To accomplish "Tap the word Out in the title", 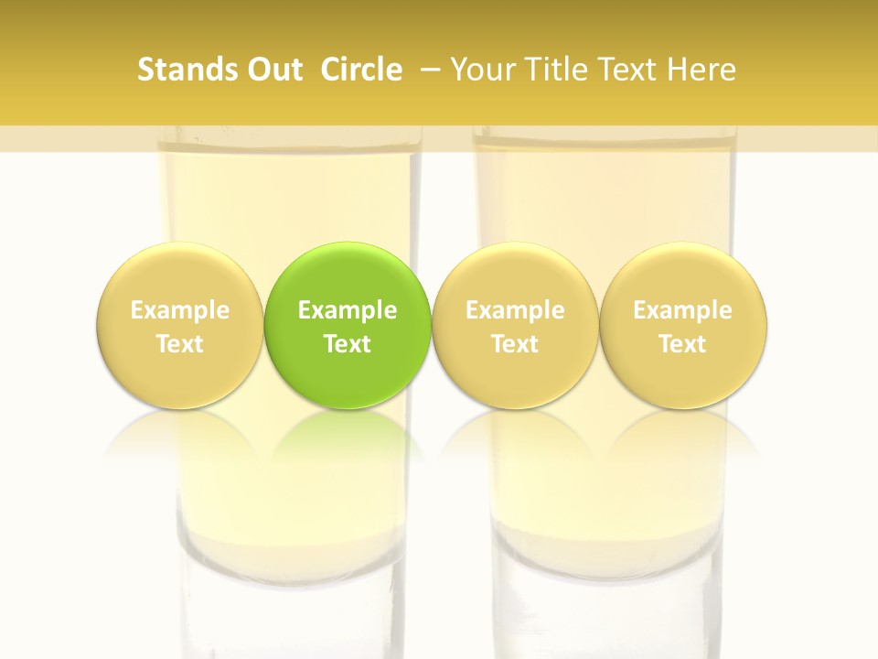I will tap(273, 70).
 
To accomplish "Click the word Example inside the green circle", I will tap(348, 310).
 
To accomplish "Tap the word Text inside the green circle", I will tap(348, 344).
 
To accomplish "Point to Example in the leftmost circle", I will tap(179, 310).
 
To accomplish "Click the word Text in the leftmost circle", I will tap(179, 344).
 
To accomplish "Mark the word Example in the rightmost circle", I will tap(682, 310).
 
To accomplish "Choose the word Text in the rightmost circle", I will tap(682, 344).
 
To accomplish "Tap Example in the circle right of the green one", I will tap(515, 310).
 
